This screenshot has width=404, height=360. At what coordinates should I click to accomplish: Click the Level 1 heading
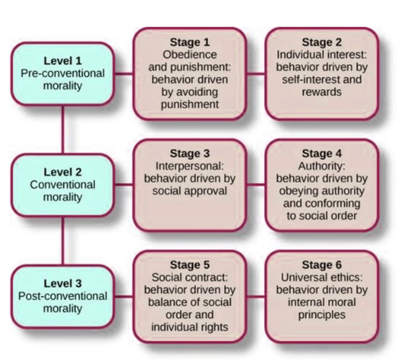pos(63,60)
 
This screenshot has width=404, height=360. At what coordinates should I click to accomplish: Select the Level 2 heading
pos(63,172)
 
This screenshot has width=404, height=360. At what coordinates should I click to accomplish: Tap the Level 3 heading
pos(63,284)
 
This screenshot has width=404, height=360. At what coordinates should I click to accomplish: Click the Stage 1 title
pos(189,42)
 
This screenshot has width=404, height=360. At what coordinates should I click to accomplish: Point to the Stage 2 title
pos(322,42)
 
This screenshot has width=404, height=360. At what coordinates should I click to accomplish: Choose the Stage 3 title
pos(189,153)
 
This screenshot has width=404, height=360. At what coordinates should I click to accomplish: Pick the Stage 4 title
pos(322,153)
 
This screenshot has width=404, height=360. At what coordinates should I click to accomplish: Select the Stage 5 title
pos(189,265)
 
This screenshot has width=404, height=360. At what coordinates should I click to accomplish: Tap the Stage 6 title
pos(322,265)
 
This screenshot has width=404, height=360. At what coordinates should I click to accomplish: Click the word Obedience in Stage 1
pos(189,55)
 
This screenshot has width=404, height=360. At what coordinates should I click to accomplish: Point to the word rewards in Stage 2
pos(322,92)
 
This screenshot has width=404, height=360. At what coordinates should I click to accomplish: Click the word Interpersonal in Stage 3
pos(189,166)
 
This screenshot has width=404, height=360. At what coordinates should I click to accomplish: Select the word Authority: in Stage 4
pos(322,166)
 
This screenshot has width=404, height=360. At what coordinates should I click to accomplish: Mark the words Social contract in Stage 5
pos(189,277)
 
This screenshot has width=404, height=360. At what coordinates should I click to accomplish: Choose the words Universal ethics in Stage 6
pos(322,277)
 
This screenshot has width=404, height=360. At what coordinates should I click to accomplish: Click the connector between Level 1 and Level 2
pos(63,129)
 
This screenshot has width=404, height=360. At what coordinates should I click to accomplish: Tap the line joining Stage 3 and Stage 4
pos(255,184)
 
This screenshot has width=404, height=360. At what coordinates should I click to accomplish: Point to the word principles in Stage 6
pos(322,315)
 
